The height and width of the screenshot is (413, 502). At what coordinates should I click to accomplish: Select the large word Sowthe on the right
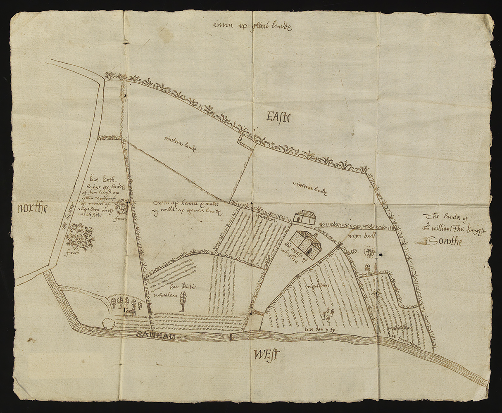click(444, 241)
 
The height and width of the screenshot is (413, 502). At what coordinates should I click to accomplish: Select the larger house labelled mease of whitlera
click(306, 244)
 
